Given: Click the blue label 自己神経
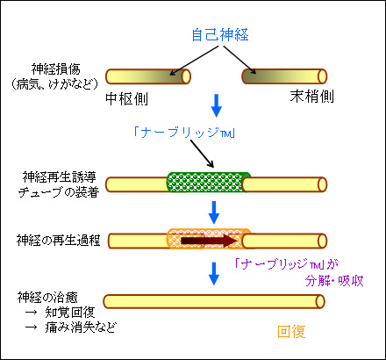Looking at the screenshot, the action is click(220, 34).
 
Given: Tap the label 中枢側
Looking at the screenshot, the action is click(126, 98).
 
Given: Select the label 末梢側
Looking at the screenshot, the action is click(311, 97).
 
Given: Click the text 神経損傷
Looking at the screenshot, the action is click(55, 69).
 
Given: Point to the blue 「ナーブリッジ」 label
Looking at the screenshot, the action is click(184, 133).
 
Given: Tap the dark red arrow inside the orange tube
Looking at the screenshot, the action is click(209, 241).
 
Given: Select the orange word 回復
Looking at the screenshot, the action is click(291, 332).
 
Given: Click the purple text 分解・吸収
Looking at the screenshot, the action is click(334, 281).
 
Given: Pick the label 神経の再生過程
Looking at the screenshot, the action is click(58, 241).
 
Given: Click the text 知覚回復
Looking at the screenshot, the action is click(70, 313).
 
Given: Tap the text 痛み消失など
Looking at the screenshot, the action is click(81, 327).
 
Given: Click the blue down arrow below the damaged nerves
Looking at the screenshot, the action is click(217, 105).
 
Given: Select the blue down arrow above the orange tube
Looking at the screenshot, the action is click(214, 212).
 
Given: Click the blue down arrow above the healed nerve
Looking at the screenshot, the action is click(214, 274).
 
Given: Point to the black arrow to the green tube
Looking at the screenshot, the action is click(203, 154).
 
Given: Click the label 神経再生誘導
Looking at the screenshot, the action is click(59, 177).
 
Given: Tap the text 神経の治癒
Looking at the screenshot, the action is click(47, 298).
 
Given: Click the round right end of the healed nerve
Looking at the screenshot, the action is click(320, 301).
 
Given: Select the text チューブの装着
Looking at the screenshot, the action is click(59, 192).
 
